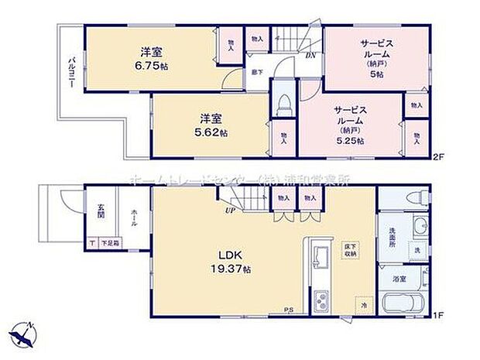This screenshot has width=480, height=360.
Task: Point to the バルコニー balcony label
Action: tap(70, 74)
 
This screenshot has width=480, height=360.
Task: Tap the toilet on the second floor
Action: tap(283, 104)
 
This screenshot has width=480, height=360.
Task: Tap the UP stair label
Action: tap(229, 210)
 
